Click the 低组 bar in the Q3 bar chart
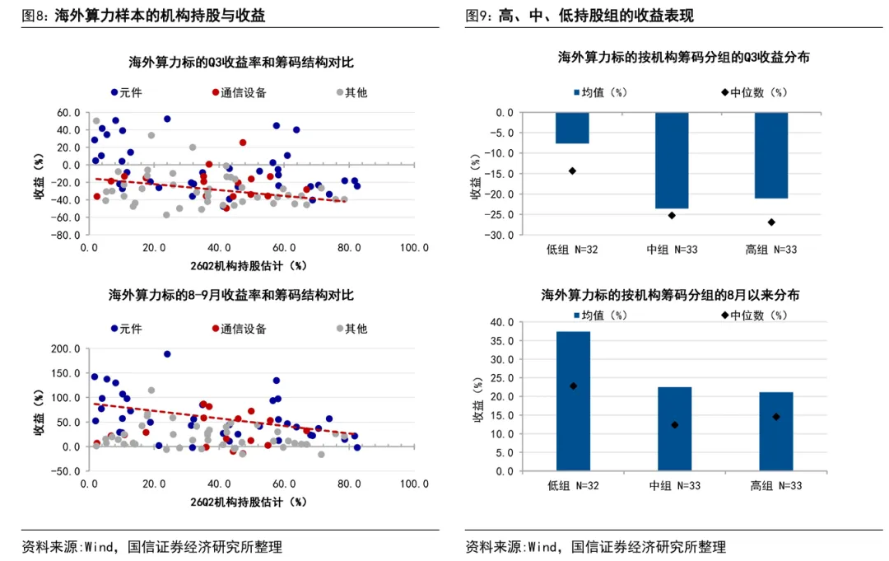[x=572, y=128]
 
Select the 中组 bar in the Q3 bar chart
[x=672, y=161]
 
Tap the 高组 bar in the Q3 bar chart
[x=771, y=156]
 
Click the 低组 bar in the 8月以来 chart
[x=573, y=401]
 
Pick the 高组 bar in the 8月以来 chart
[x=776, y=431]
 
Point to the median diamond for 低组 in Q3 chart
[x=573, y=171]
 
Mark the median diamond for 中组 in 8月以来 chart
[x=675, y=425]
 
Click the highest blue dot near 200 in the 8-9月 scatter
[x=167, y=354]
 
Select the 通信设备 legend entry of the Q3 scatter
[x=239, y=92]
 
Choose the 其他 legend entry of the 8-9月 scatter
[x=352, y=329]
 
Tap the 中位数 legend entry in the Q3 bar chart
[x=754, y=92]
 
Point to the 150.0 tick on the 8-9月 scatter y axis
[x=66, y=373]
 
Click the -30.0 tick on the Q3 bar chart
[x=502, y=235]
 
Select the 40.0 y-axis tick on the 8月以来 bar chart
[x=502, y=322]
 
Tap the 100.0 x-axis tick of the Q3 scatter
[x=414, y=247]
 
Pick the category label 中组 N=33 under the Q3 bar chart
[x=672, y=250]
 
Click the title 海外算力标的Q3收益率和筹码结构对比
[x=241, y=62]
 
